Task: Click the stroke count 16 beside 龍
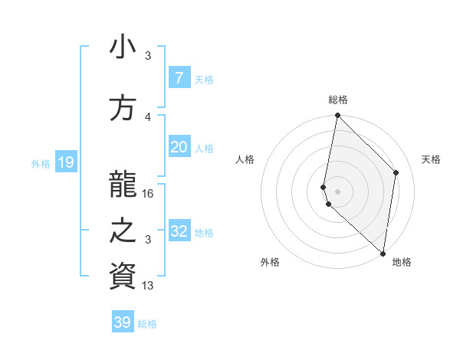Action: point(149,194)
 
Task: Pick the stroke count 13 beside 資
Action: point(149,286)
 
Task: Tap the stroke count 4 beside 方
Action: point(149,116)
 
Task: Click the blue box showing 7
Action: point(179,77)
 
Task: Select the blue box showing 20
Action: point(179,147)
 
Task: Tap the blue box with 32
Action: point(179,231)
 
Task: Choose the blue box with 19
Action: point(65,162)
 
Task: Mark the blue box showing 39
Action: point(123,322)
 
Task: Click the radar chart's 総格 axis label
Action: point(338,100)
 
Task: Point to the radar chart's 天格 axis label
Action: point(431,159)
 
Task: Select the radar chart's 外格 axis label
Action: point(270,262)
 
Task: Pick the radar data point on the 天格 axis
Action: point(396,172)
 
